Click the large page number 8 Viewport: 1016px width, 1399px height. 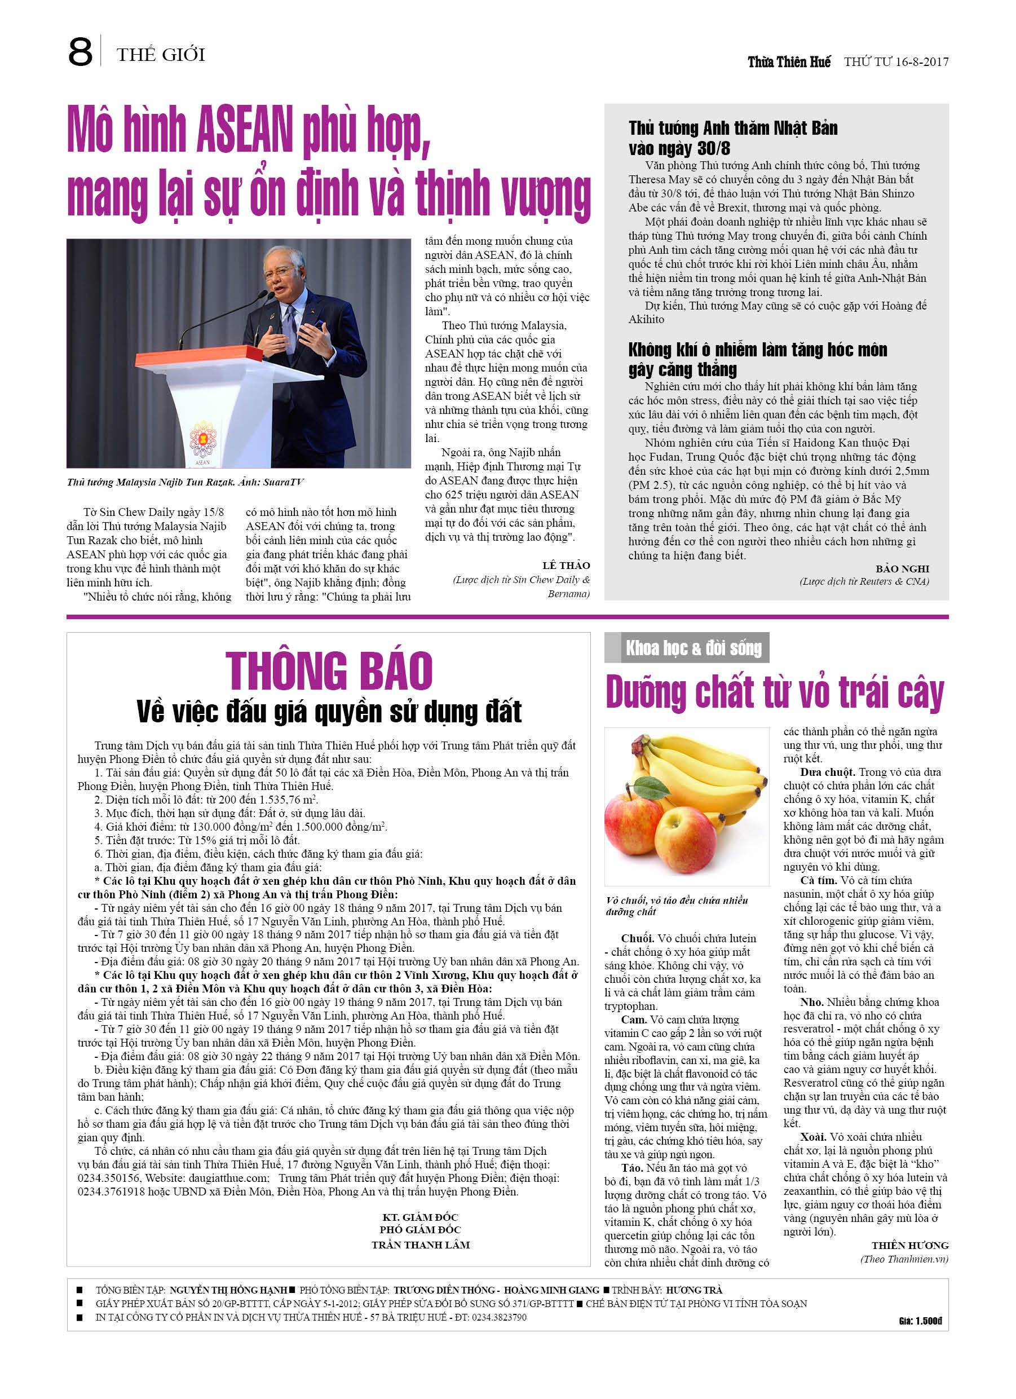(80, 52)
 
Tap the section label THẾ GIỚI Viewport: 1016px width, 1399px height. (160, 55)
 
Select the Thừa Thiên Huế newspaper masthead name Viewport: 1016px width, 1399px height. (789, 61)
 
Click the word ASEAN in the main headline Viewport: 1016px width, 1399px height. (245, 130)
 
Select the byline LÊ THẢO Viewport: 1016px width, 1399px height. (566, 565)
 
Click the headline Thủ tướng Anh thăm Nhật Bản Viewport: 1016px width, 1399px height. (733, 129)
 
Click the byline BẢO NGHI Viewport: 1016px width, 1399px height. (902, 569)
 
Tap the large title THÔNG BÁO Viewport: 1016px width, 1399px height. (329, 671)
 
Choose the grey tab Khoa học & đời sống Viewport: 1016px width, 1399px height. (693, 648)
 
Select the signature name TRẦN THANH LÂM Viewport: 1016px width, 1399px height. (421, 1245)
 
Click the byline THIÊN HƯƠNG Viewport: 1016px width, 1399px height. (910, 1246)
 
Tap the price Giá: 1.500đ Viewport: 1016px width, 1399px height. (920, 1321)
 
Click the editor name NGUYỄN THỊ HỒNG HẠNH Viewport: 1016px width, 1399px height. (228, 1290)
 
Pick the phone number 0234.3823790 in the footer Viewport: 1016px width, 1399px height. (499, 1317)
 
